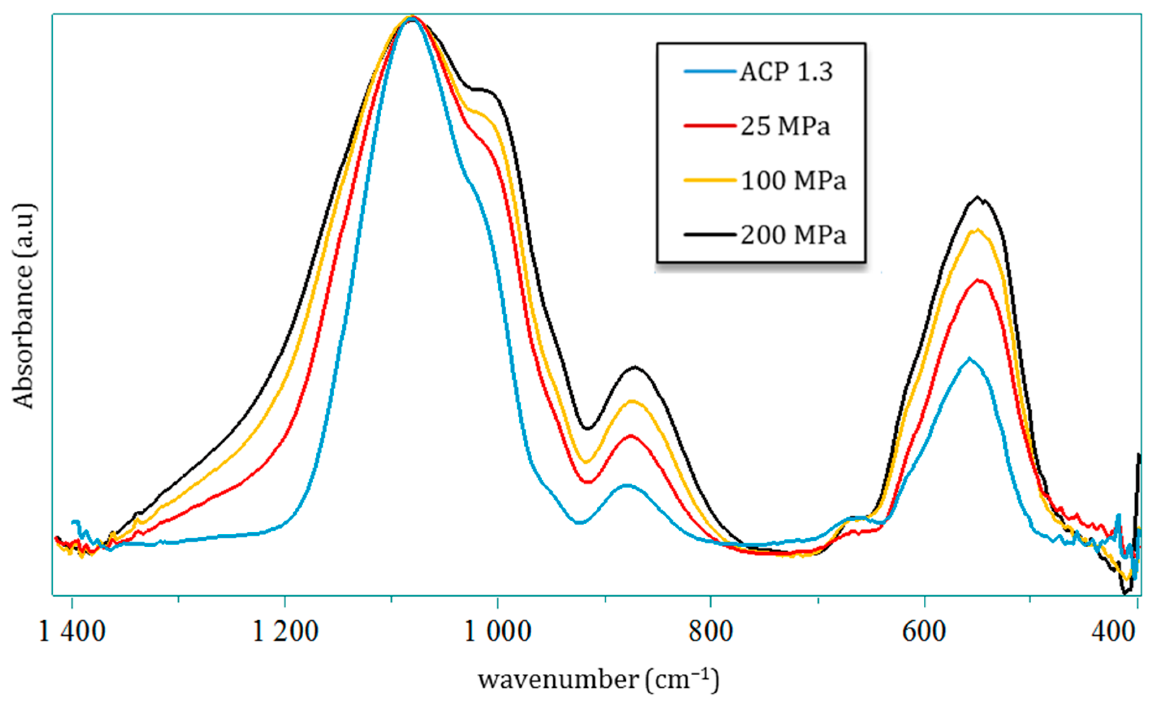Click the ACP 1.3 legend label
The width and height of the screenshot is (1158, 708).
[786, 72]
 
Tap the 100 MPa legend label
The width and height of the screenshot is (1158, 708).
[793, 180]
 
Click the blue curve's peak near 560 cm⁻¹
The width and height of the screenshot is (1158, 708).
[969, 358]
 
